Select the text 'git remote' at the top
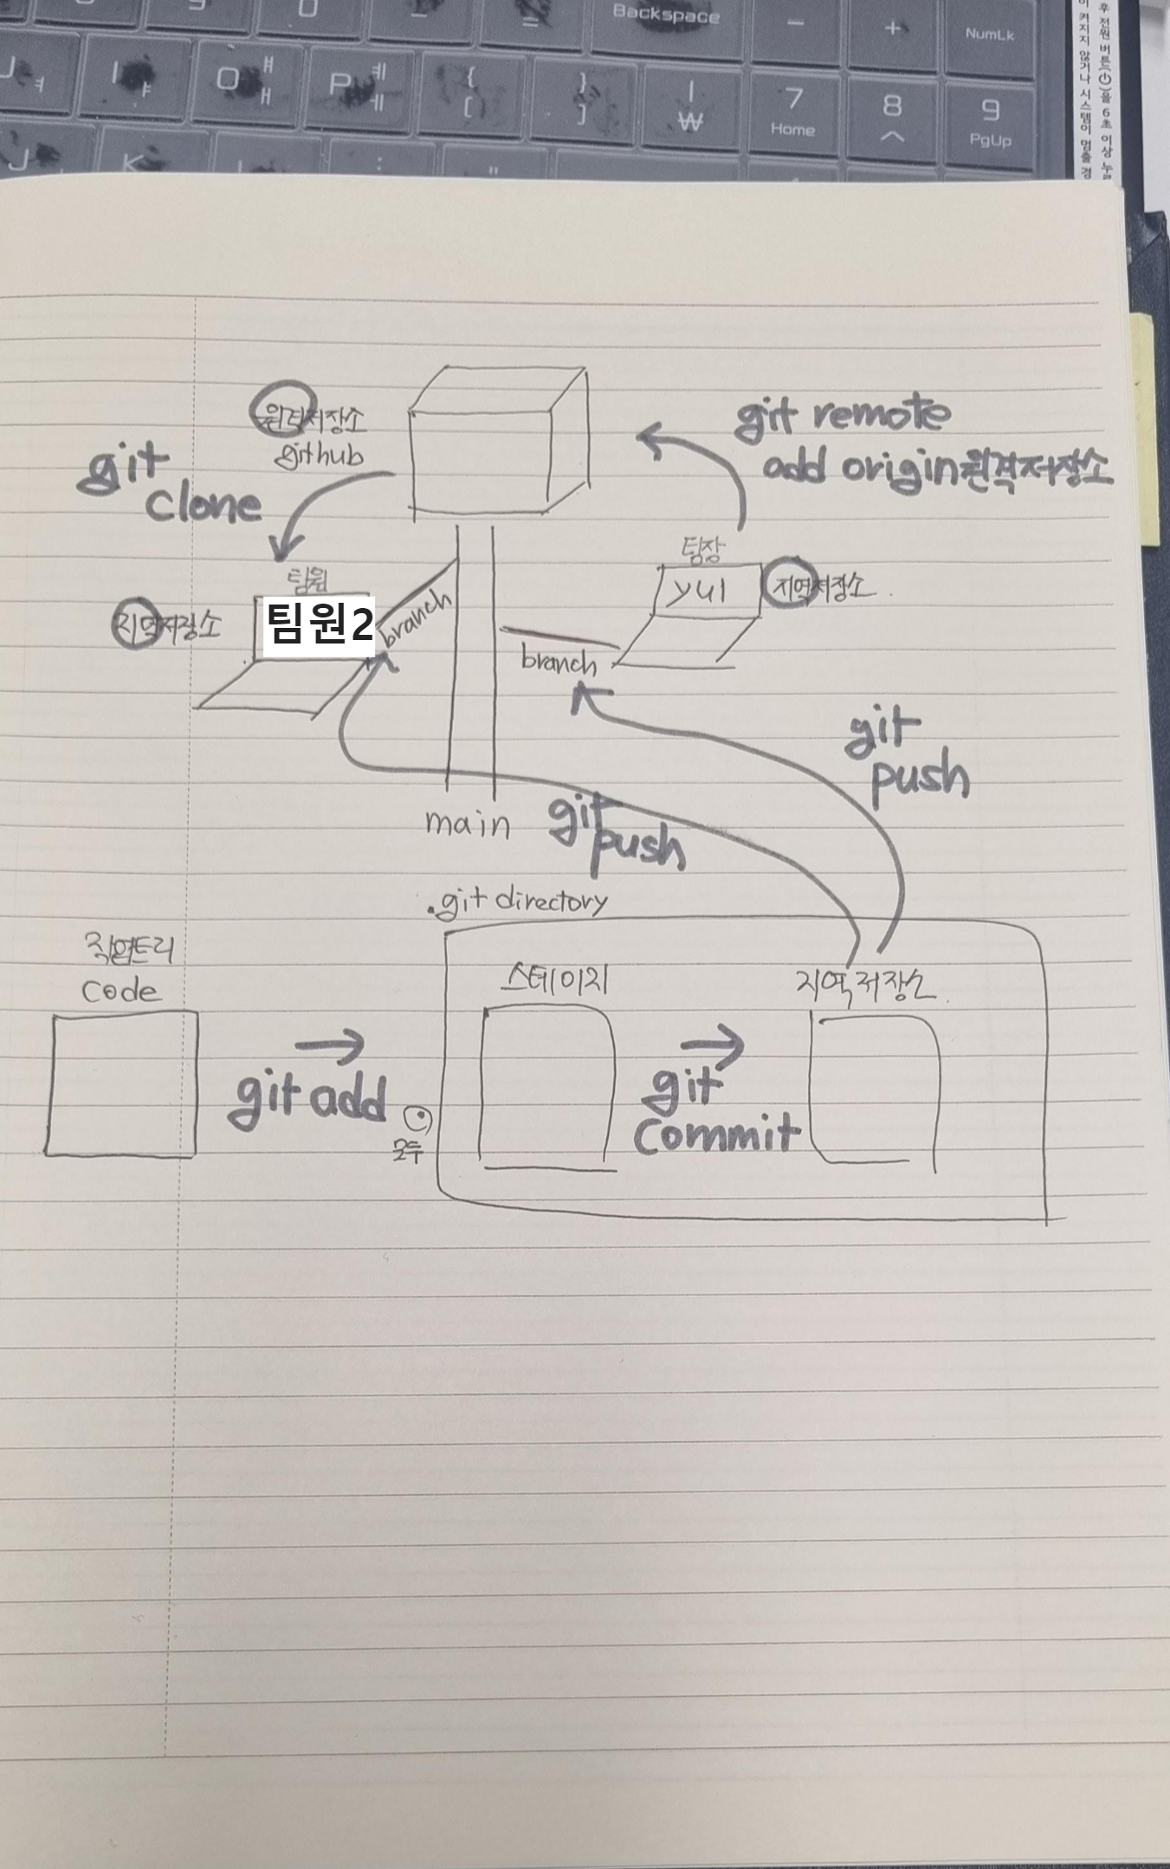pos(841,416)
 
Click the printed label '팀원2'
pos(319,624)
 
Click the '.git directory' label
pos(519,903)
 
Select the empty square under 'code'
pos(120,1084)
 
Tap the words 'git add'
pos(307,1099)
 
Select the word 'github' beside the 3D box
pos(319,455)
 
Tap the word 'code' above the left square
pos(121,992)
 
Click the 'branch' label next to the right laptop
pos(559,663)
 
